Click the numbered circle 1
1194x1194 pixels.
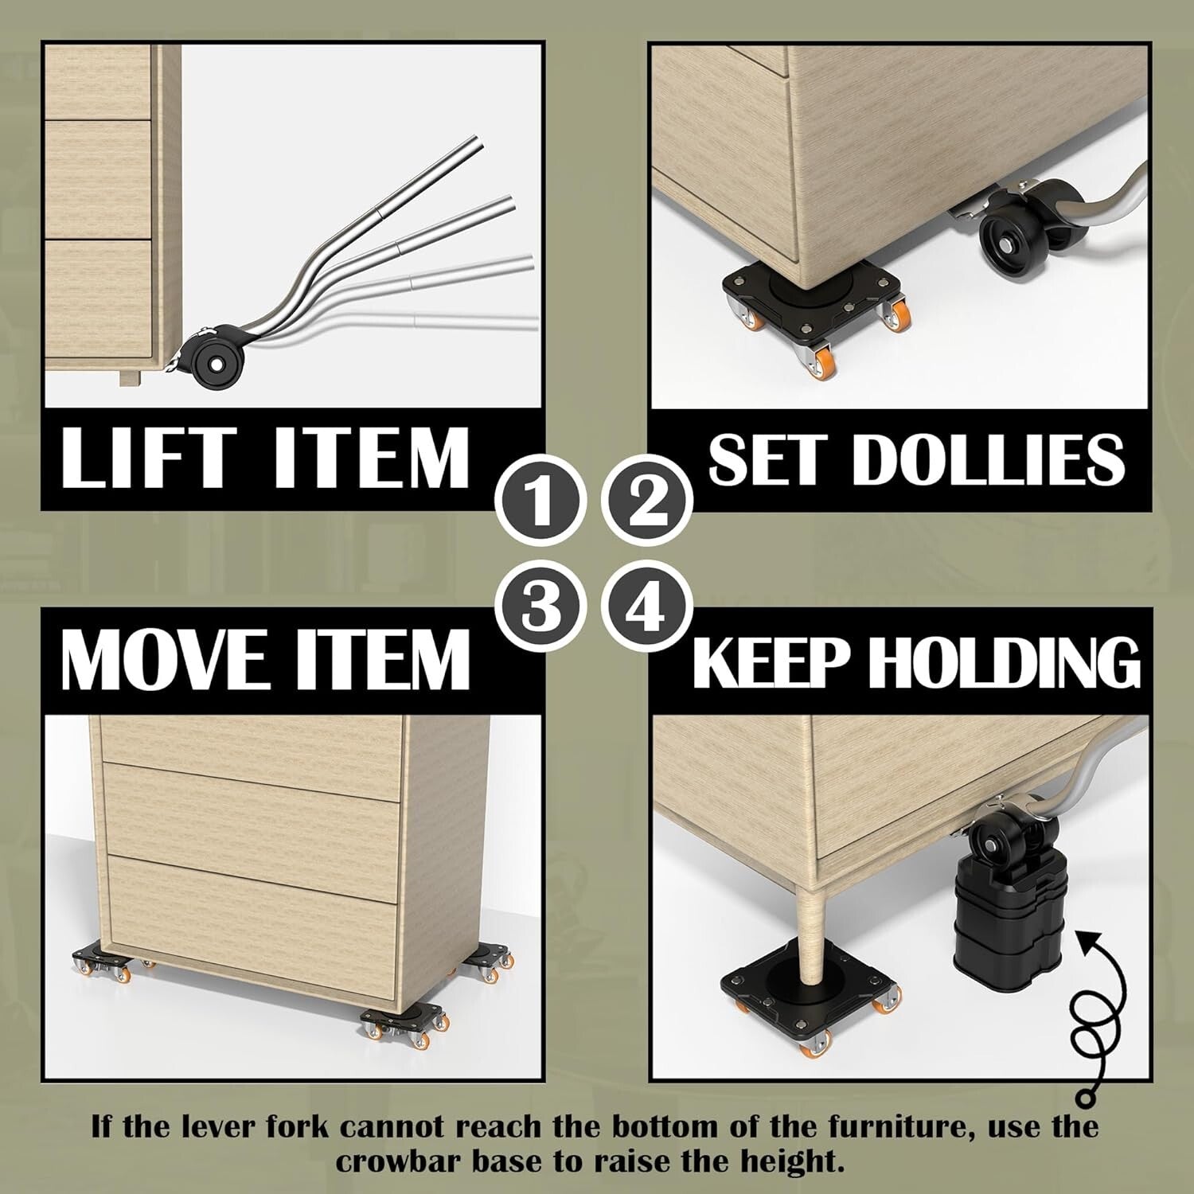(540, 500)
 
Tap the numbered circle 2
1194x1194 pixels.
(647, 500)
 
